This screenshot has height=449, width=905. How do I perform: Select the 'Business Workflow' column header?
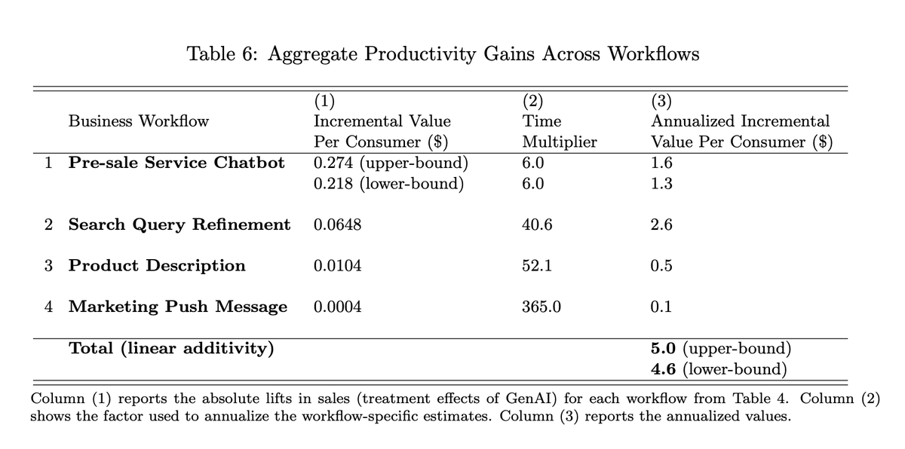pos(139,121)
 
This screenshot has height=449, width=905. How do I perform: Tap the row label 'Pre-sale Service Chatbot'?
pos(176,163)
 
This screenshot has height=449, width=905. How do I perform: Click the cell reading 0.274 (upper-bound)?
pos(391,163)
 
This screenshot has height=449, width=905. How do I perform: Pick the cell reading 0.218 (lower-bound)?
pos(388,184)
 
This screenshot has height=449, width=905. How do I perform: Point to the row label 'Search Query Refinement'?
pos(179,225)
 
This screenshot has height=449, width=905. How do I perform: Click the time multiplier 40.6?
pos(537,225)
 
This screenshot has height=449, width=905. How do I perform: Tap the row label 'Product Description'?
pos(157,266)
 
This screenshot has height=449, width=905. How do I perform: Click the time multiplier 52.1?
pos(537,266)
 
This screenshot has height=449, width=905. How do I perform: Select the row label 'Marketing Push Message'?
pos(178,307)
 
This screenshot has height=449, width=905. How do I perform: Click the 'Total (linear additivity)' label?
pos(171,348)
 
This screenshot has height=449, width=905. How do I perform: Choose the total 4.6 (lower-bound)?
pos(719,369)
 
